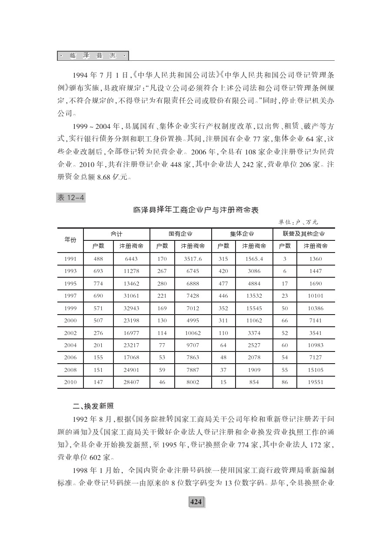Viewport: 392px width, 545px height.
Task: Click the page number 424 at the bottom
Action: tap(196, 502)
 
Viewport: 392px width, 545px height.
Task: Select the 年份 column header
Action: tap(70, 240)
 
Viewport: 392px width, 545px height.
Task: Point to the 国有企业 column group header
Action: tap(180, 234)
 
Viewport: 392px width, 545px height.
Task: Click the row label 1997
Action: tap(70, 296)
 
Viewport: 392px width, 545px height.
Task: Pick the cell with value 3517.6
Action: tap(193, 259)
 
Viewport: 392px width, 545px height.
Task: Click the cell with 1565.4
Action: tap(254, 259)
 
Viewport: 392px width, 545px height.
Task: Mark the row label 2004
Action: tap(70, 345)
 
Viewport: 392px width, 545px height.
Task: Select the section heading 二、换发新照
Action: tap(93, 407)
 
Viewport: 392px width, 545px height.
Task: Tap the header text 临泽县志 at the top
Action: tap(93, 56)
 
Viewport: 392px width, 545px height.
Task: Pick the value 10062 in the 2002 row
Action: tap(193, 333)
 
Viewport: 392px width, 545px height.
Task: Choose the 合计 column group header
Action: tap(116, 234)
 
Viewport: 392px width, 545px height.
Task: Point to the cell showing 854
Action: tap(254, 383)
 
